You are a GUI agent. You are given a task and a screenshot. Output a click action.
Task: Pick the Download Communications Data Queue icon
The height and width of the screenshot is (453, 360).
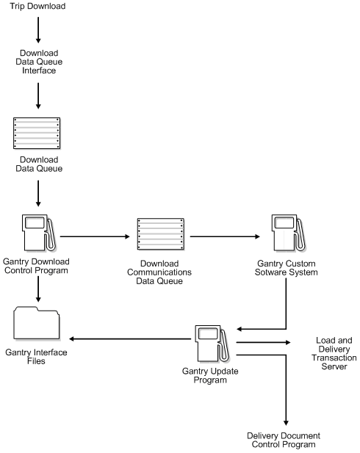click(x=160, y=235)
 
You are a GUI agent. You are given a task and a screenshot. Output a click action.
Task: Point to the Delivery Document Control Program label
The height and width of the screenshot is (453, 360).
click(x=282, y=440)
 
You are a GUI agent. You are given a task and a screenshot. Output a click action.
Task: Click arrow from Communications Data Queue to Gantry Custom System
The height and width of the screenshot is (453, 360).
click(x=225, y=237)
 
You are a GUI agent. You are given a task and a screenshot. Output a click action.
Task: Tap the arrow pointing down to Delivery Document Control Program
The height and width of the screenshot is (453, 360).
click(x=283, y=389)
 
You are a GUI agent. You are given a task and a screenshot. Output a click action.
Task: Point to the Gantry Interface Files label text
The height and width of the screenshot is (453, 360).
click(x=37, y=357)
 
